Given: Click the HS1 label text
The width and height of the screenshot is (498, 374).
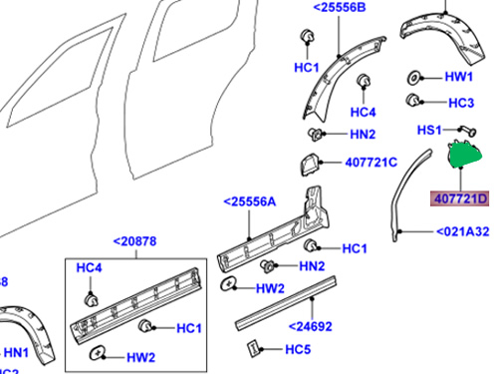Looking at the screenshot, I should pos(429,130).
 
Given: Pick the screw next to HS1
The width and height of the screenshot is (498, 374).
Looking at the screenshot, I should pos(463,130).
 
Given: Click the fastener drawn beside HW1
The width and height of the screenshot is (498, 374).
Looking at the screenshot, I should pos(413,78).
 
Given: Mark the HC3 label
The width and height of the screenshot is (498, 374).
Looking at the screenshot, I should pos(459,103).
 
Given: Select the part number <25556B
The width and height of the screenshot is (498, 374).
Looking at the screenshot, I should pos(339,8).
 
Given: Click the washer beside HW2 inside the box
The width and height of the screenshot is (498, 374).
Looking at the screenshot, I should pos(99,356).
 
